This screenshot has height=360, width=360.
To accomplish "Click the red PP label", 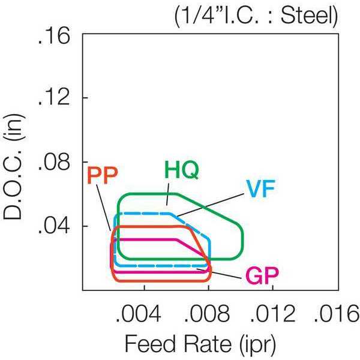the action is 103,175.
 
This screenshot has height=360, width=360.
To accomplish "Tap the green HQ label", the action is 182,170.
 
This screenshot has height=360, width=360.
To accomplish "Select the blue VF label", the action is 260,189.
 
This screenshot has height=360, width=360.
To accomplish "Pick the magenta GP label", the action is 262,276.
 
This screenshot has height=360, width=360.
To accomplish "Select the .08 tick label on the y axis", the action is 54,163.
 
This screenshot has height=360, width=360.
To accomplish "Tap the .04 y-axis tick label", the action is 54,226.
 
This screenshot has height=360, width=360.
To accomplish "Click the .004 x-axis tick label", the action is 139,314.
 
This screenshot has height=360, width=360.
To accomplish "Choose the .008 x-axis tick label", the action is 207,314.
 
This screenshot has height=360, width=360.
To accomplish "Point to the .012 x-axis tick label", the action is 272,314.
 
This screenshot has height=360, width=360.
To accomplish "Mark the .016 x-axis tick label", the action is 337,314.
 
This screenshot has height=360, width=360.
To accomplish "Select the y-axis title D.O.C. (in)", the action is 14,167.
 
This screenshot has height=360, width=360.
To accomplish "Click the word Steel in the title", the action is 307,16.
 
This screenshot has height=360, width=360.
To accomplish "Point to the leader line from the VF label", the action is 210,205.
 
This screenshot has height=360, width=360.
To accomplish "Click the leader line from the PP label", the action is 103,208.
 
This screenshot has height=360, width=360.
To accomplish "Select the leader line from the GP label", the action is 219,274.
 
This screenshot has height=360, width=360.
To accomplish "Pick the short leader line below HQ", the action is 167,194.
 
